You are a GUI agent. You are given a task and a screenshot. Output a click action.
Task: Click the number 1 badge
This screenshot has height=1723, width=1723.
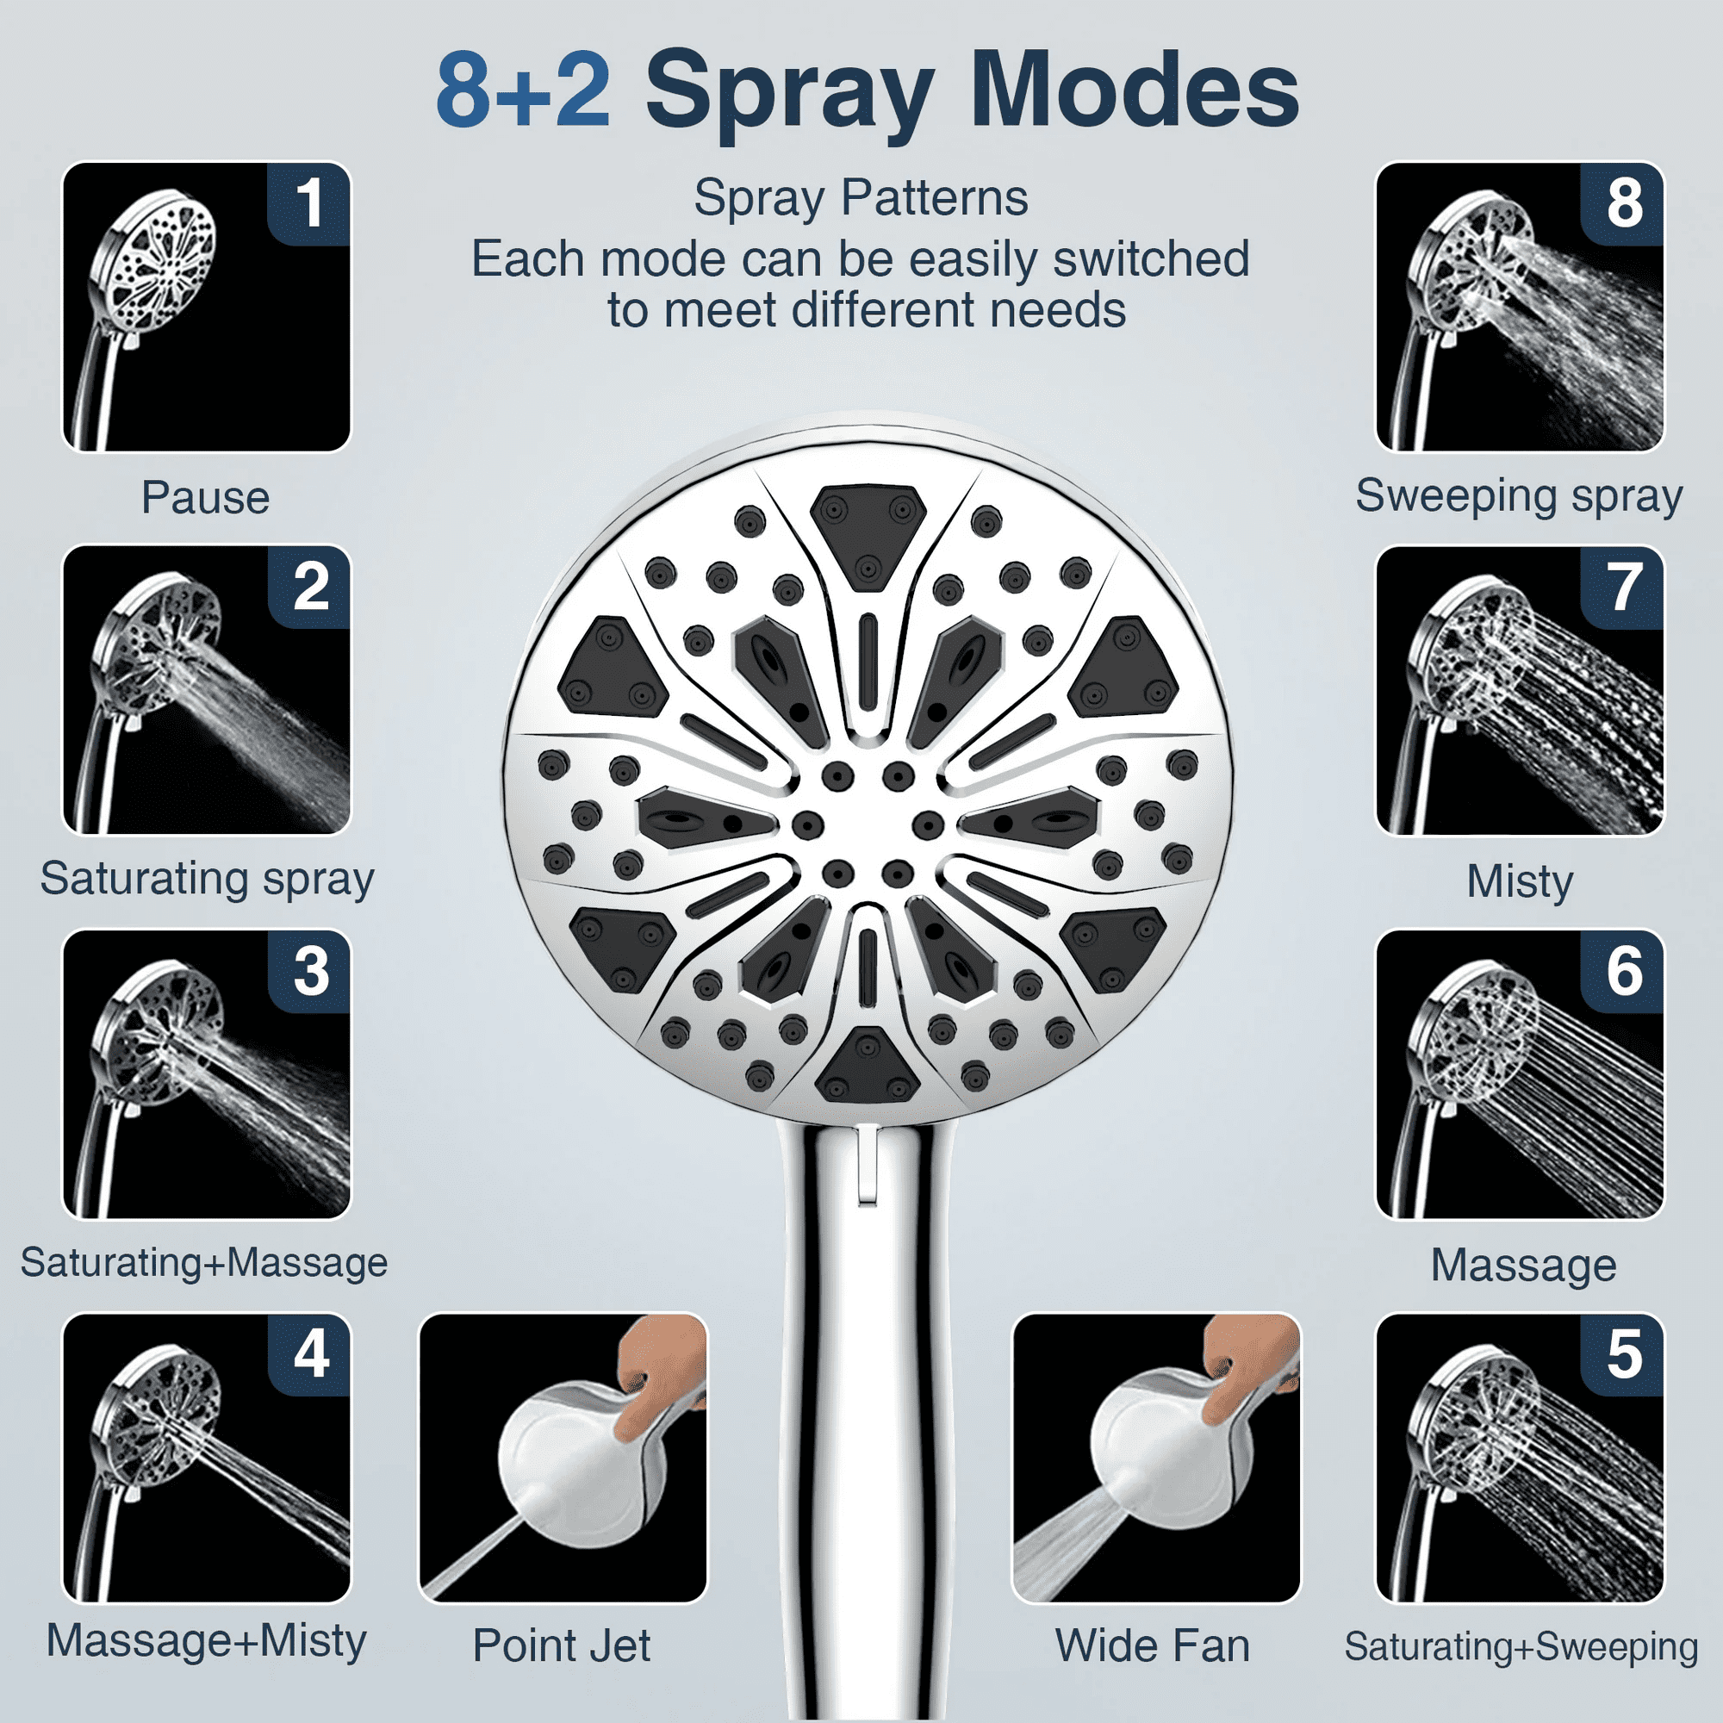tap(308, 203)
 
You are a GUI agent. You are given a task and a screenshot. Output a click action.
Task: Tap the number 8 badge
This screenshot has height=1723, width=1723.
tap(1622, 203)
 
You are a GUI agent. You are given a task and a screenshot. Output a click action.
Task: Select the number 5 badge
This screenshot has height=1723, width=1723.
tap(1622, 1354)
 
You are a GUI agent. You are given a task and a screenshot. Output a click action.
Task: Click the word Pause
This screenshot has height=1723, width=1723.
tap(205, 498)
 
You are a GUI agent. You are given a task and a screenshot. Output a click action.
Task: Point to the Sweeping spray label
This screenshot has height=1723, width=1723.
tap(1519, 497)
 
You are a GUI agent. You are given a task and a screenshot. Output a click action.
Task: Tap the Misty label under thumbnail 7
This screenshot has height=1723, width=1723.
tap(1520, 881)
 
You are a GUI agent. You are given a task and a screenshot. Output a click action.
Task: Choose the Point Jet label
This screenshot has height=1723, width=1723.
tap(562, 1645)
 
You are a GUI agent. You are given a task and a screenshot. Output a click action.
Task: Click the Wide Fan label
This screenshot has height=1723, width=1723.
tap(1152, 1645)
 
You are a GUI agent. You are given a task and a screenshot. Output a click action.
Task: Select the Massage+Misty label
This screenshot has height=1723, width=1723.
tap(206, 1641)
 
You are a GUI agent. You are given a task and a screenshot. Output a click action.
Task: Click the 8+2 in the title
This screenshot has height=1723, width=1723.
tap(524, 90)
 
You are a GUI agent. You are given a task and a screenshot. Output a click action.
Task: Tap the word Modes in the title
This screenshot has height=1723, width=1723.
tap(1135, 90)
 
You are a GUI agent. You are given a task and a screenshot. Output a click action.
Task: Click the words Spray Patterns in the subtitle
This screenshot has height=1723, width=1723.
tap(861, 198)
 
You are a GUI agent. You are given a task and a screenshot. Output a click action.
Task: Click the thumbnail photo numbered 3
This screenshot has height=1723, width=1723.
tap(206, 1073)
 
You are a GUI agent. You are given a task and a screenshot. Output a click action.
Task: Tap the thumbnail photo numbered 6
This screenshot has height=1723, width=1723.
tap(1520, 1073)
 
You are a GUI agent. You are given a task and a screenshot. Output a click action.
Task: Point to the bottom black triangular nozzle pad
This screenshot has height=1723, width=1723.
tap(867, 1067)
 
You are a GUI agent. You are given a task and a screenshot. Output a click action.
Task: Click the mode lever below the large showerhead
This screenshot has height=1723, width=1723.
tap(865, 1165)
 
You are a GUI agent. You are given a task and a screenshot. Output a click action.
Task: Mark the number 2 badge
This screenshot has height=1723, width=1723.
tap(308, 588)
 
